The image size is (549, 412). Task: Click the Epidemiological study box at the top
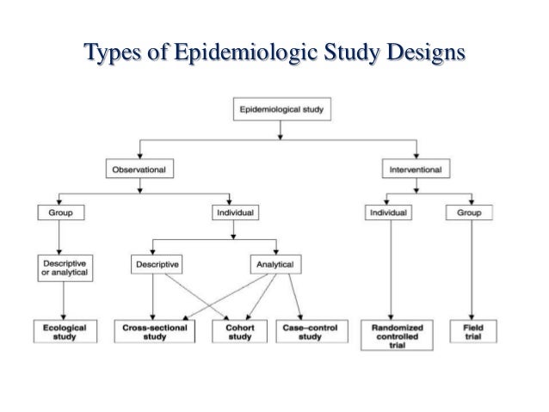279,110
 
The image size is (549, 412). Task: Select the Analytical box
274,265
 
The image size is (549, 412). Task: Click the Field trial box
472,331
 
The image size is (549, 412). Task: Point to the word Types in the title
112,53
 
